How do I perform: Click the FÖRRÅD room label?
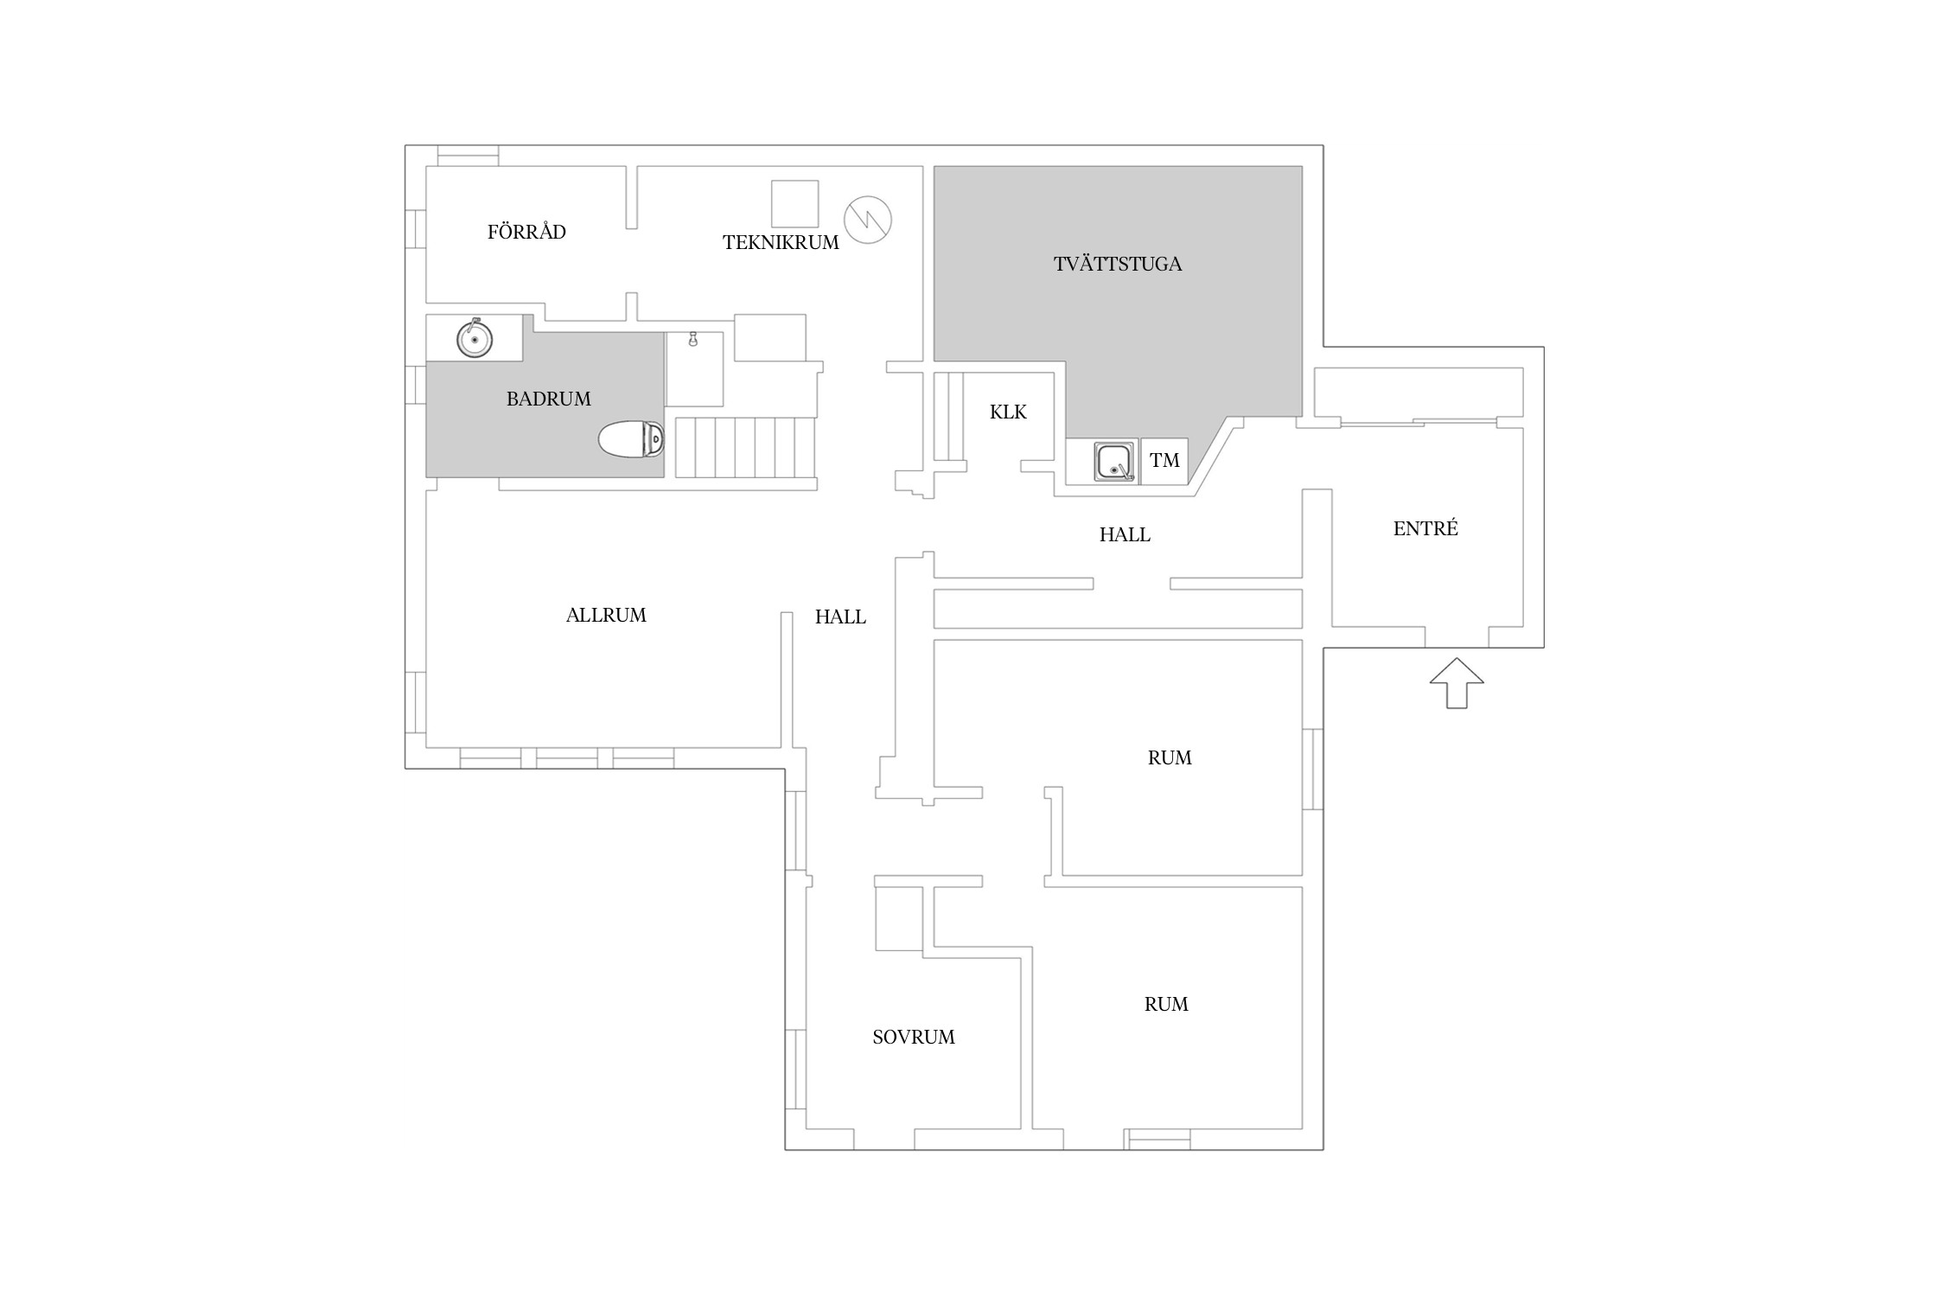[526, 231]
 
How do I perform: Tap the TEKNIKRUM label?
[781, 243]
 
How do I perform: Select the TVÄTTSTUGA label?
[1118, 264]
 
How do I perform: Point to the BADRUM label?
[549, 399]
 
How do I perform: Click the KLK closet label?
[1008, 412]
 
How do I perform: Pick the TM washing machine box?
[1164, 461]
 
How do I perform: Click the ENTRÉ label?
[1425, 528]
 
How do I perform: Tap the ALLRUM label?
[606, 616]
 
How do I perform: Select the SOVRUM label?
[914, 1038]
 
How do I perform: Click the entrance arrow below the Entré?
[1457, 683]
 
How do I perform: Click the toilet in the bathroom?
[631, 439]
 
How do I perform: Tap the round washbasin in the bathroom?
[475, 338]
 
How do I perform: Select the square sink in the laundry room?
[1115, 461]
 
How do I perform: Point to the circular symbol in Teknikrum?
[868, 220]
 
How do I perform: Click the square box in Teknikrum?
[794, 204]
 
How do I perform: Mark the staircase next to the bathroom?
[745, 447]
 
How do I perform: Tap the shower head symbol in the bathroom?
[692, 339]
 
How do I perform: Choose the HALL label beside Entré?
[1125, 535]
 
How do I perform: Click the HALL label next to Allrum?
[840, 617]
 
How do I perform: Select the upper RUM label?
[1170, 758]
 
